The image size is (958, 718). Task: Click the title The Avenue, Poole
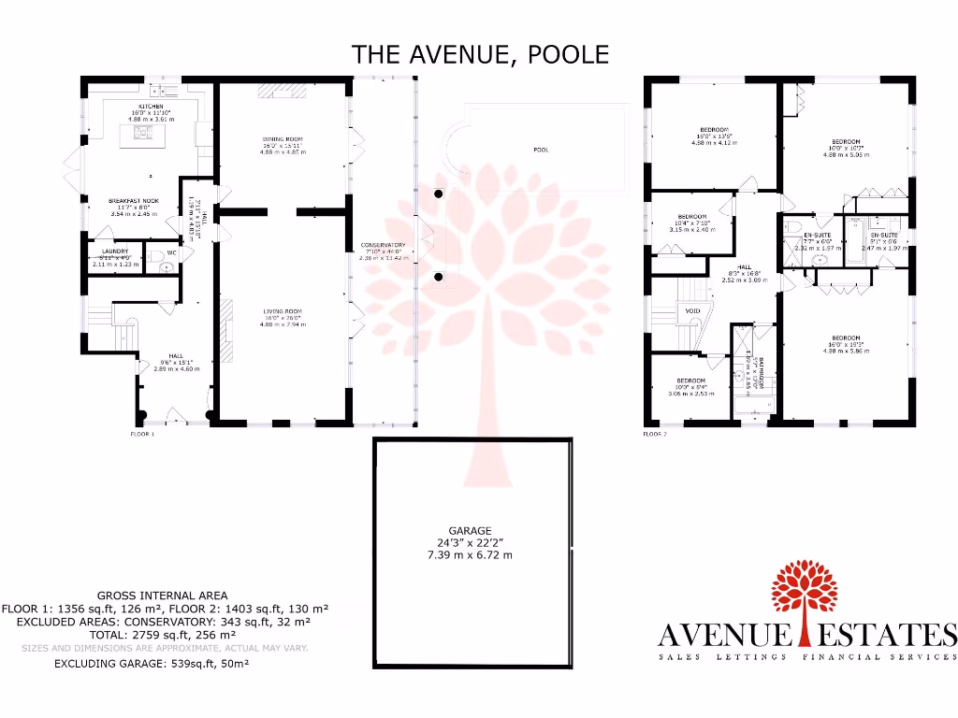click(480, 53)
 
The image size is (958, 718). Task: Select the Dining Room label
click(283, 139)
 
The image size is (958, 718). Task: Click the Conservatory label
click(381, 245)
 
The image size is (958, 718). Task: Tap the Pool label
click(541, 150)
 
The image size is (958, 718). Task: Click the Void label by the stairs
click(693, 310)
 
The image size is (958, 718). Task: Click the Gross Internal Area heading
click(162, 596)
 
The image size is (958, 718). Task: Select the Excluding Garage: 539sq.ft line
click(152, 664)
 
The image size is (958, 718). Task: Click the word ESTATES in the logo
click(882, 636)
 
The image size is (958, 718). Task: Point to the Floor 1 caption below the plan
click(141, 435)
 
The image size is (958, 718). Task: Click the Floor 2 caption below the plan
click(655, 435)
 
